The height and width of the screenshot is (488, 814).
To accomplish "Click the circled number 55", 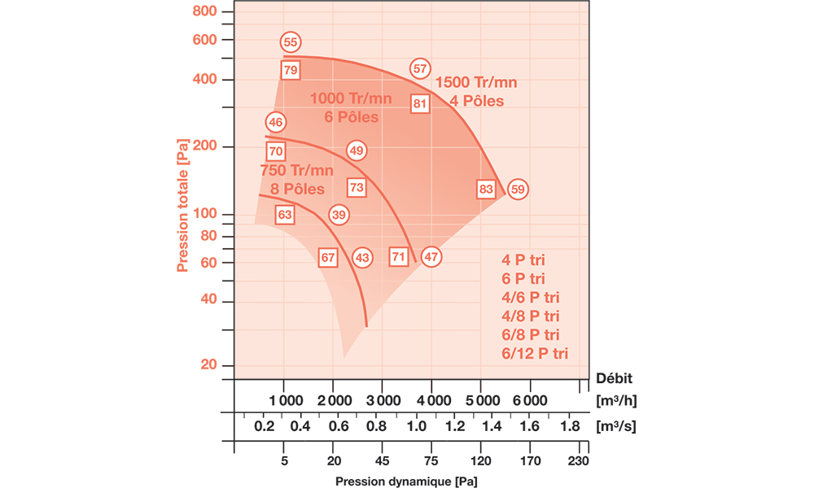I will [x=291, y=42].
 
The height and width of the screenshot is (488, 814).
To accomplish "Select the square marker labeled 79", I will [x=291, y=70].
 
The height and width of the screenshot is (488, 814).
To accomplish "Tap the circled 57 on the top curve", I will [x=420, y=69].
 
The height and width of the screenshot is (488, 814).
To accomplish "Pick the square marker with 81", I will [x=420, y=103].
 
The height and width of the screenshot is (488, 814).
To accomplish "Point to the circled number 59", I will [x=519, y=190].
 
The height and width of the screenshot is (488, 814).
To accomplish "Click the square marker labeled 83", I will [x=487, y=190].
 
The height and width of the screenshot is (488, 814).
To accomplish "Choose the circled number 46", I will [x=275, y=123].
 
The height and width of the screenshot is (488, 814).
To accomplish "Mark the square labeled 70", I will [x=275, y=151].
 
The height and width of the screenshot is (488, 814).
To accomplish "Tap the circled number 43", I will [x=362, y=257].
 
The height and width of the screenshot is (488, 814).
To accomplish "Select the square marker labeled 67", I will [x=328, y=257].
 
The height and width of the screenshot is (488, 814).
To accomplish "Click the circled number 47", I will [x=431, y=257].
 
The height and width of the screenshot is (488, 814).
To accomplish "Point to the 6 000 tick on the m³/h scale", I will [x=530, y=401].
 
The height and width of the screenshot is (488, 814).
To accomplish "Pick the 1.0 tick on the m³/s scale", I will [x=417, y=425].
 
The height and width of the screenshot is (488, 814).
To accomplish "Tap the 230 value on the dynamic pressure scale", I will [x=580, y=460].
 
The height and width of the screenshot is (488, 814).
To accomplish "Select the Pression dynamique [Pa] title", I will [x=406, y=480].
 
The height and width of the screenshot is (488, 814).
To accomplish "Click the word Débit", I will [x=614, y=377].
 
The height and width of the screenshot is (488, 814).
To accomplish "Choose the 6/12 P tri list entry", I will [x=536, y=352].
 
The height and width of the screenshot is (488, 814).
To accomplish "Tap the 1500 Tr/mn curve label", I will [x=476, y=82].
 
